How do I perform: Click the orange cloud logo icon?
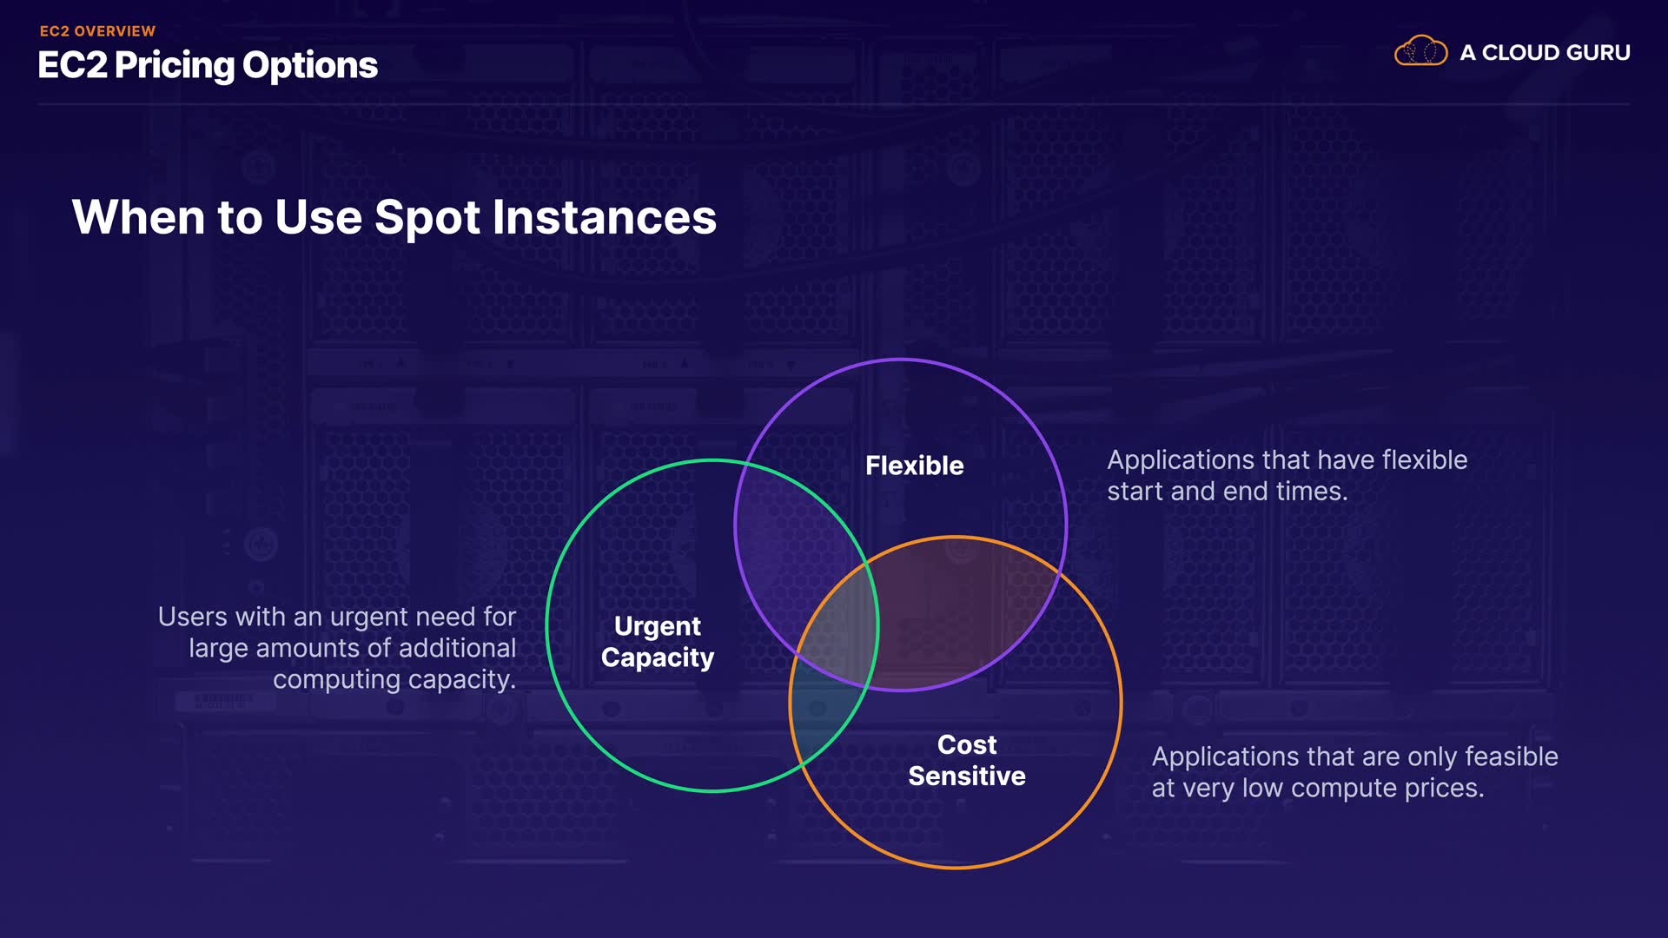[x=1420, y=51]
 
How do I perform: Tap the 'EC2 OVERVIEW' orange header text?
[x=97, y=31]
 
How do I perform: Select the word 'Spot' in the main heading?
[x=427, y=218]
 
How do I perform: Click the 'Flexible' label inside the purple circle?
[x=915, y=466]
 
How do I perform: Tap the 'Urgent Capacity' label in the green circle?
[x=658, y=642]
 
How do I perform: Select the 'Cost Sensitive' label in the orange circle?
[x=967, y=760]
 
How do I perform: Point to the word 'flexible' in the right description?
[x=1425, y=459]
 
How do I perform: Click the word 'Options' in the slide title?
[x=310, y=66]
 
